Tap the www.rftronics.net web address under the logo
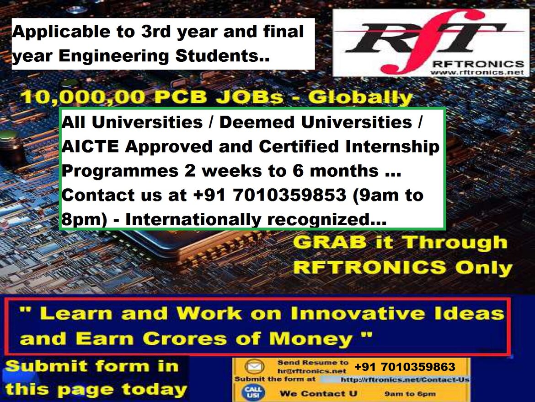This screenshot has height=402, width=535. pyautogui.click(x=476, y=72)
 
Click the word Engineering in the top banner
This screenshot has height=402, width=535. pyautogui.click(x=113, y=56)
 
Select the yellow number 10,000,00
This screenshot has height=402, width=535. pyautogui.click(x=84, y=97)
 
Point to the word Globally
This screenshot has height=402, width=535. pyautogui.click(x=360, y=98)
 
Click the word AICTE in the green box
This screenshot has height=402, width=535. pyautogui.click(x=90, y=147)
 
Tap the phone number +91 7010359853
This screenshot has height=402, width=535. pyautogui.click(x=269, y=195)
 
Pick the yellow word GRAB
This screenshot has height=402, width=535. pyautogui.click(x=330, y=242)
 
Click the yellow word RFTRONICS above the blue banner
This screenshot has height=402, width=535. pyautogui.click(x=369, y=267)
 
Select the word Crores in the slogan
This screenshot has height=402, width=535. pyautogui.click(x=185, y=339)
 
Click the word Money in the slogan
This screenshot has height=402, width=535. pyautogui.click(x=311, y=339)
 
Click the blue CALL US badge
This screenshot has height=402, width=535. pyautogui.click(x=253, y=392)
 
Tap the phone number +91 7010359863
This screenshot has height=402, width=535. pyautogui.click(x=405, y=367)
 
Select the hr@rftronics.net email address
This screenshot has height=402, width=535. pyautogui.click(x=312, y=370)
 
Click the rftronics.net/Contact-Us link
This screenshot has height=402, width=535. pyautogui.click(x=405, y=380)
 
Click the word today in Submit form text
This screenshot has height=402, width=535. pyautogui.click(x=154, y=389)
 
